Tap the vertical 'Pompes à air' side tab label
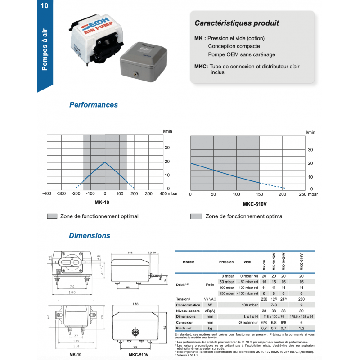point(45,49)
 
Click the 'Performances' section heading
point(94,105)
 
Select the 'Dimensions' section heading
point(90,235)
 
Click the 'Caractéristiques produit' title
point(236,22)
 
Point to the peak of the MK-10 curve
point(105,162)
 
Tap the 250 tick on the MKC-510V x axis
point(302,194)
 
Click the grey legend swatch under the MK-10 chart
point(52,216)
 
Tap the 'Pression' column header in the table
point(226,262)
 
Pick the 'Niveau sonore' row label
point(189,310)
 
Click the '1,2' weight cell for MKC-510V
point(301,328)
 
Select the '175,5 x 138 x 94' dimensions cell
point(301,316)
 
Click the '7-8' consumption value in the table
point(274,305)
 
